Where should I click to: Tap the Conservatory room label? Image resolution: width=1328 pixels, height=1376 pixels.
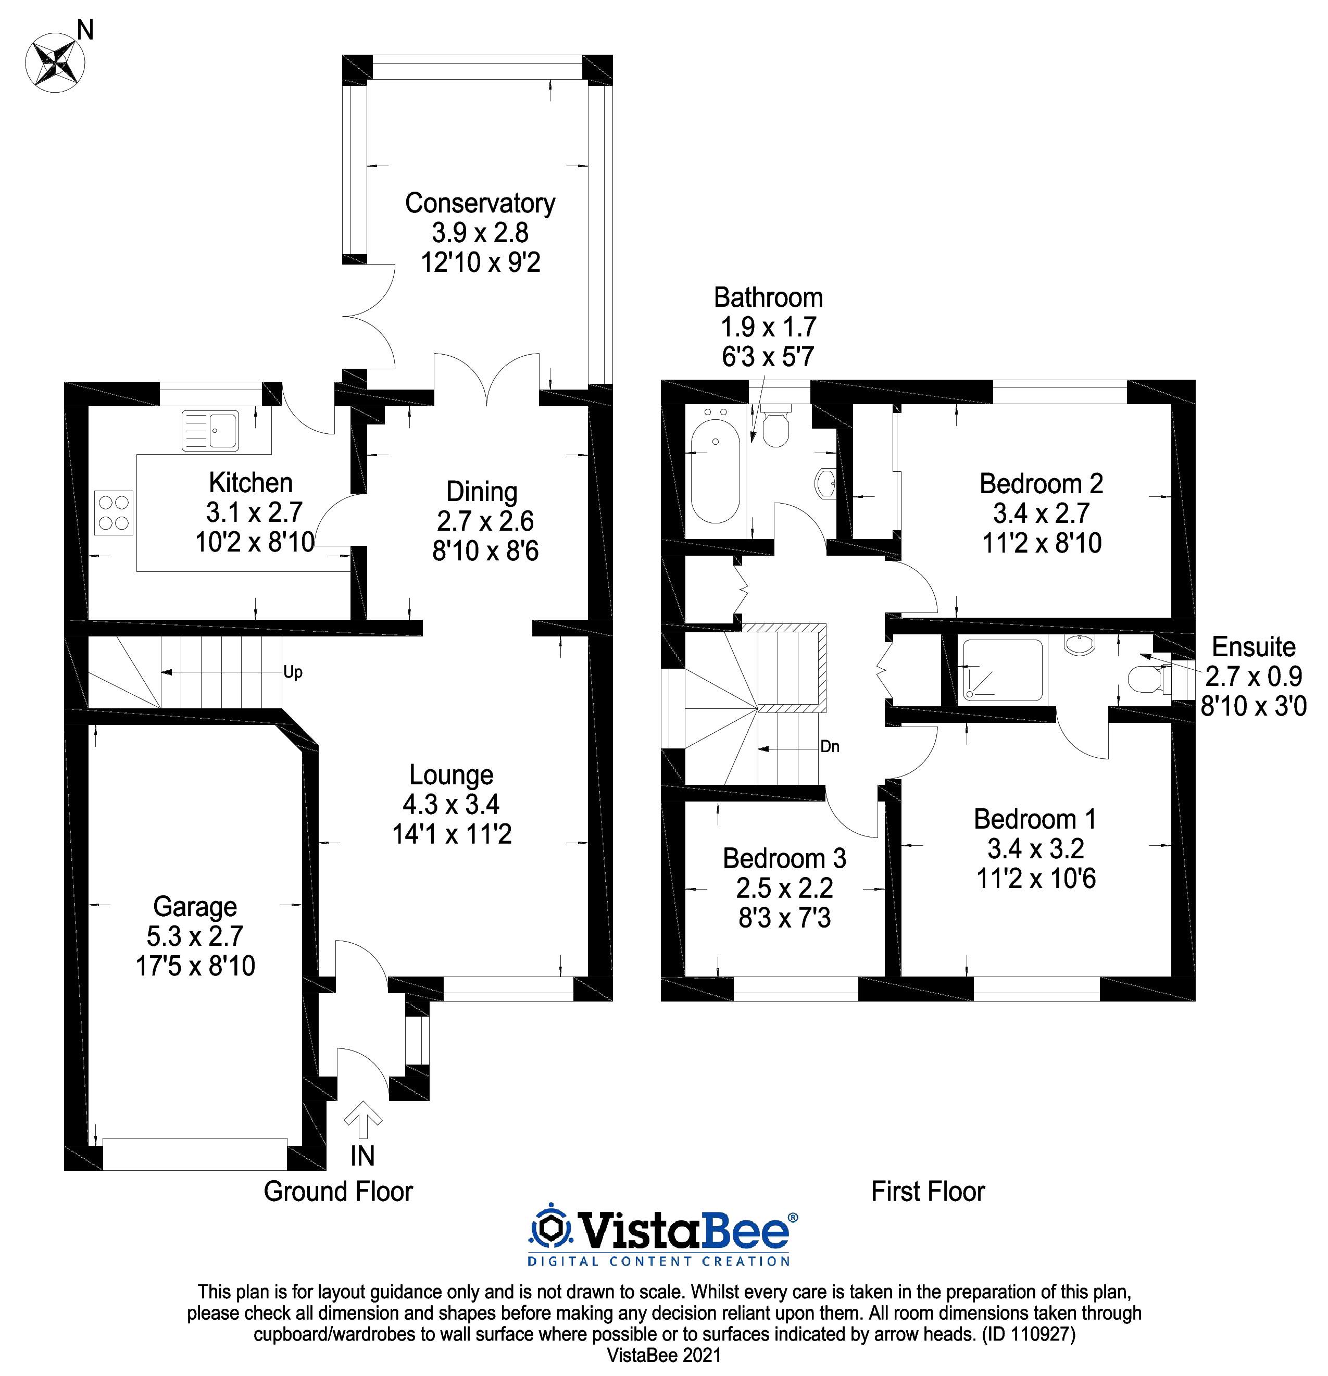(480, 204)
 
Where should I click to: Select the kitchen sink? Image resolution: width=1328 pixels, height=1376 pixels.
(210, 430)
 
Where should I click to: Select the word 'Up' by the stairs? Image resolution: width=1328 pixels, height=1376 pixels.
(293, 672)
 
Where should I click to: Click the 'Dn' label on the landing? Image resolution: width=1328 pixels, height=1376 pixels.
(830, 746)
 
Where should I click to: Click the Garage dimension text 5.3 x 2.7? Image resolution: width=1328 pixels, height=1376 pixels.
(195, 936)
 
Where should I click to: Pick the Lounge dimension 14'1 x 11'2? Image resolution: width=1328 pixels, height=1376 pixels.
(452, 834)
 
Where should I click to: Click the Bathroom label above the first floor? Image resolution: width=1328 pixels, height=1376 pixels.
(768, 298)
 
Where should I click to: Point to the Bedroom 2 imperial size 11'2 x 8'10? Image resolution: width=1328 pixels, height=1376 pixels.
(1042, 543)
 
